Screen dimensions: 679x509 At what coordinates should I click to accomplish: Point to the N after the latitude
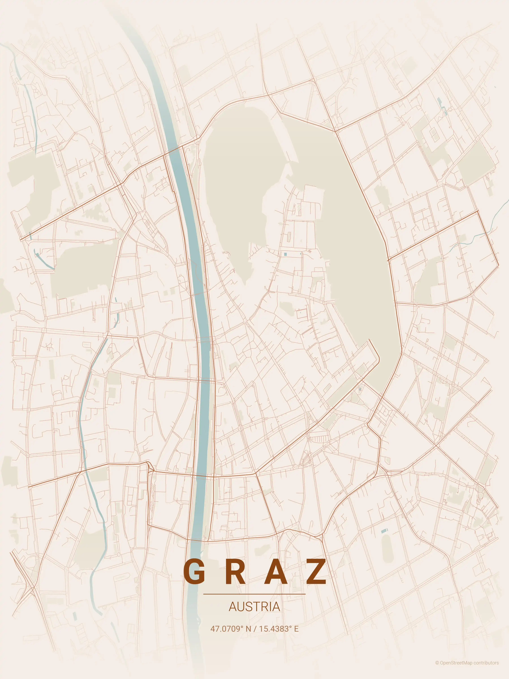pyautogui.click(x=248, y=629)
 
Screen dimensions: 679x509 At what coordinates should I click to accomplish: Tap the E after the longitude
pyautogui.click(x=296, y=629)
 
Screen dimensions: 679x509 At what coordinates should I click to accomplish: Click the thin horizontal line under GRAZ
pyautogui.click(x=254, y=594)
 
